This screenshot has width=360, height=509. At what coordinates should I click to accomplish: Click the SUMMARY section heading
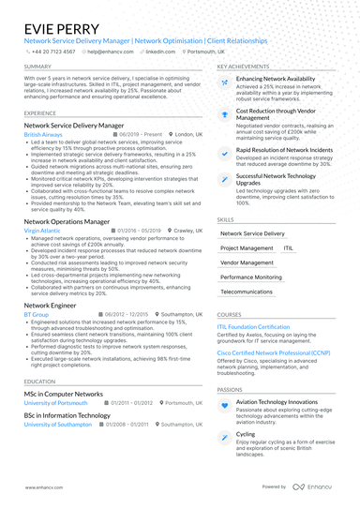tap(38, 67)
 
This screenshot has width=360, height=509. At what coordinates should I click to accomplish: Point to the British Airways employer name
tap(44, 134)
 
